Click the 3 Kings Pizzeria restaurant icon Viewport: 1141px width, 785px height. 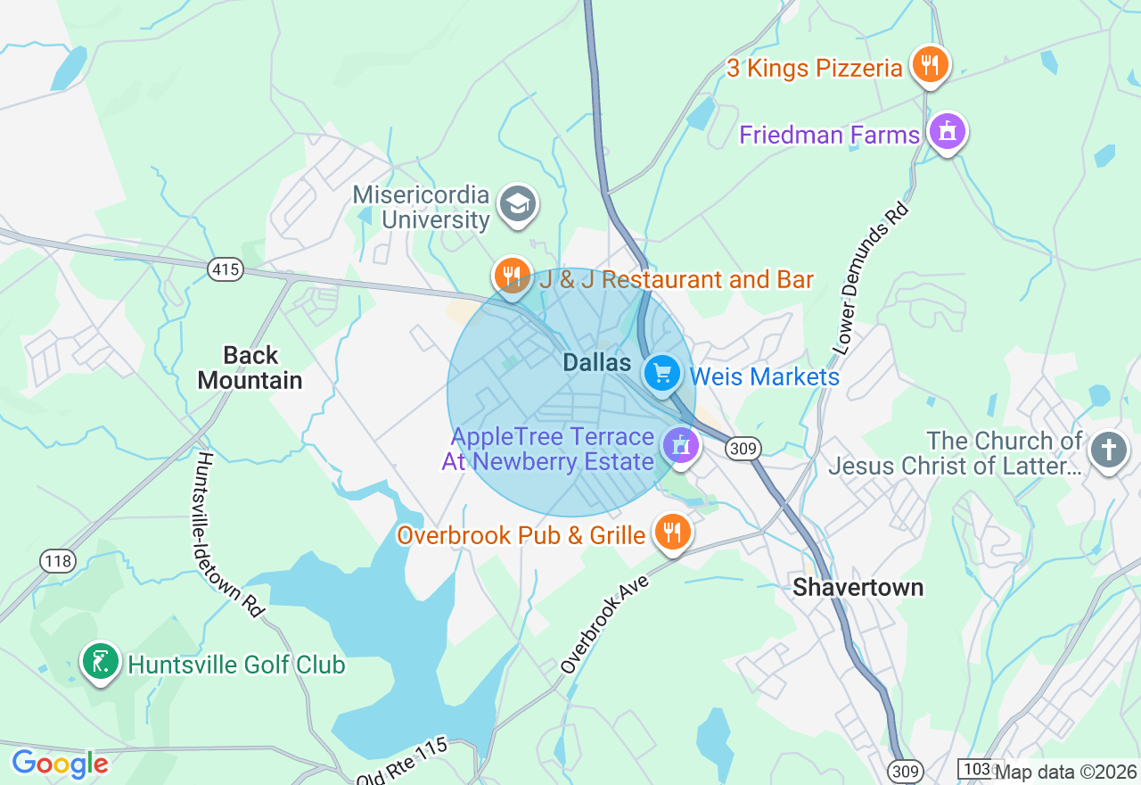coord(930,64)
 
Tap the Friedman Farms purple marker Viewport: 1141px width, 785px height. coord(948,132)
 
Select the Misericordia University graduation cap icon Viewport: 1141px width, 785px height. coord(518,204)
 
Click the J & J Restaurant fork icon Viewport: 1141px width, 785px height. coord(512,275)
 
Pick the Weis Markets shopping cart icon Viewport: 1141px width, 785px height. coord(661,373)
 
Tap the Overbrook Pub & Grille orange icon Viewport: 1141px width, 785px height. coord(672,533)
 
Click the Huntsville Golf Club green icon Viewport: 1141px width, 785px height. coord(101,662)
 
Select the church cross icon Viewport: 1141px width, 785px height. coord(1109,449)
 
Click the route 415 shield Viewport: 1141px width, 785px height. coord(226,269)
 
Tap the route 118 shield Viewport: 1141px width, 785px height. coord(58,561)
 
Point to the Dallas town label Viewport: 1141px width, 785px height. coord(596,363)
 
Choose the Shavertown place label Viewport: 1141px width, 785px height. coord(858,587)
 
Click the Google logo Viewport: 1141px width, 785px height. coord(60,764)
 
